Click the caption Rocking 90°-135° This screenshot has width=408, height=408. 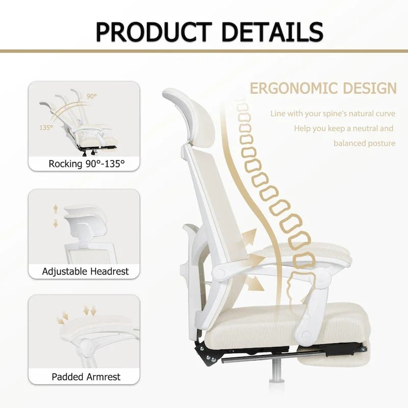(x=86, y=164)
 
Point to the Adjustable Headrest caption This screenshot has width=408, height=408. (x=86, y=271)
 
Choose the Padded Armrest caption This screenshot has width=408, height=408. (x=86, y=377)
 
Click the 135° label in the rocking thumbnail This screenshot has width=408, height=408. (x=46, y=127)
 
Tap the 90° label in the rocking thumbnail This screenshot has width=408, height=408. (x=91, y=96)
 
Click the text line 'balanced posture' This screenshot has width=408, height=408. (x=364, y=143)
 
